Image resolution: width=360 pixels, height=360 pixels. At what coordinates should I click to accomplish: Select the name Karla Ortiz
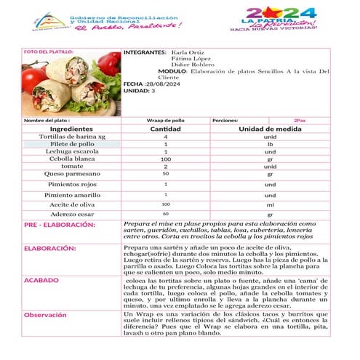coord(187,53)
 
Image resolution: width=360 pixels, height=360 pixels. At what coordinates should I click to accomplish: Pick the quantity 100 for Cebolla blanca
coord(165,159)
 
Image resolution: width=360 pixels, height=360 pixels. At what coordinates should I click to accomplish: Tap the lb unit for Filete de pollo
coord(270,144)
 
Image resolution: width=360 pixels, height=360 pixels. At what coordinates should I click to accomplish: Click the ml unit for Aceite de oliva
coord(270,204)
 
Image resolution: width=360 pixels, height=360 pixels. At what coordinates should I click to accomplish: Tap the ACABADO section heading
coord(41,279)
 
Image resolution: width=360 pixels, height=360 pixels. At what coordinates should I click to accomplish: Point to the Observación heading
coord(46,314)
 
